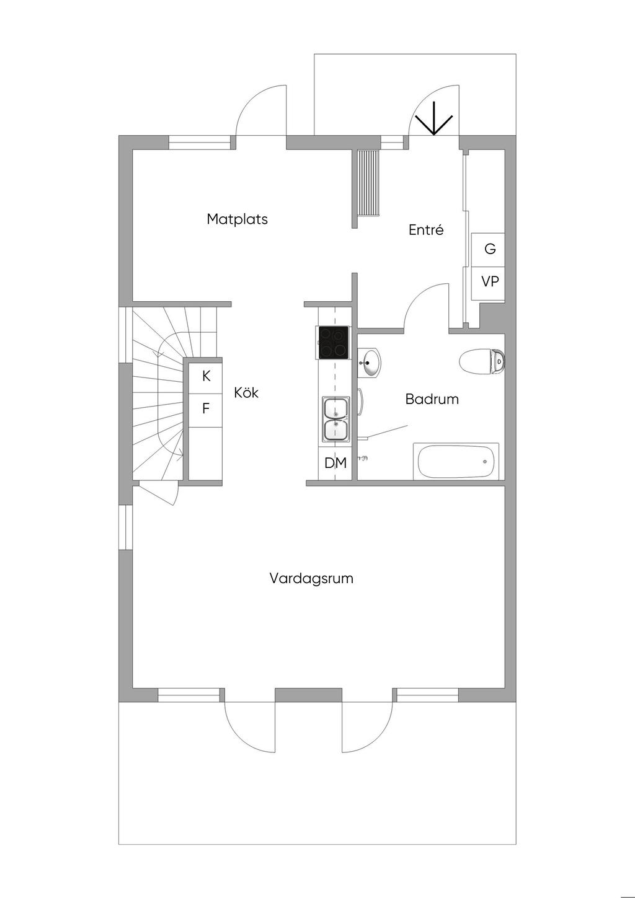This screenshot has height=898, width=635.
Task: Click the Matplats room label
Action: point(237,219)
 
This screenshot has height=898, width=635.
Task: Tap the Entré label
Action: point(426,230)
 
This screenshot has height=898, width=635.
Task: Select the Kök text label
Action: point(246,392)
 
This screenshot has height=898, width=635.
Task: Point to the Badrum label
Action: point(432,398)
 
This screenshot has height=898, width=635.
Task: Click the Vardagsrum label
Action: point(311,578)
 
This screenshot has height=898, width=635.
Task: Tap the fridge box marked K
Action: point(206,376)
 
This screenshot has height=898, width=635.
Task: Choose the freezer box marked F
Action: point(206,409)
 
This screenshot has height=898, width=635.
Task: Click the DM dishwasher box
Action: point(335,462)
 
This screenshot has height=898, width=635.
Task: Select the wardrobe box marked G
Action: point(489,249)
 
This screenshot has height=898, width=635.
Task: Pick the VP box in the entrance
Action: point(489,281)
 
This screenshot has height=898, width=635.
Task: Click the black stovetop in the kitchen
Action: point(333,343)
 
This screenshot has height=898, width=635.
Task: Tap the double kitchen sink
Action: point(335,419)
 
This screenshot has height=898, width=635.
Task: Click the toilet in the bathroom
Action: point(482,361)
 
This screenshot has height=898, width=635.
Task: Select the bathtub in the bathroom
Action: point(456,461)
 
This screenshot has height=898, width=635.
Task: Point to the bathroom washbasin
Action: point(370,362)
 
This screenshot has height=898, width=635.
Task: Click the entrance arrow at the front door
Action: point(433,118)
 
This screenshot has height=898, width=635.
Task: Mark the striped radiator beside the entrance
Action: point(368,183)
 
